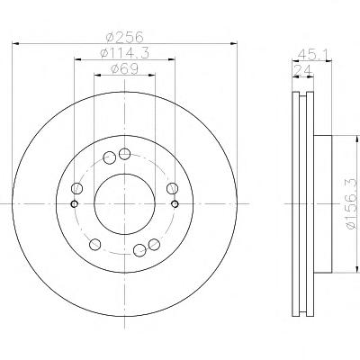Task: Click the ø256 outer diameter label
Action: [x=125, y=37]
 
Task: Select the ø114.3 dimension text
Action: [x=124, y=53]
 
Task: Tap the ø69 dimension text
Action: [x=124, y=69]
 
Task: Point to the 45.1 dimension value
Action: [x=314, y=55]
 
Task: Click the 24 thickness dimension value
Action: [x=302, y=71]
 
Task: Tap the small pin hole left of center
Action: [x=74, y=204]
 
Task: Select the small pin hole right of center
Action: [x=175, y=204]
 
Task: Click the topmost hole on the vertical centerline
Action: [x=124, y=154]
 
